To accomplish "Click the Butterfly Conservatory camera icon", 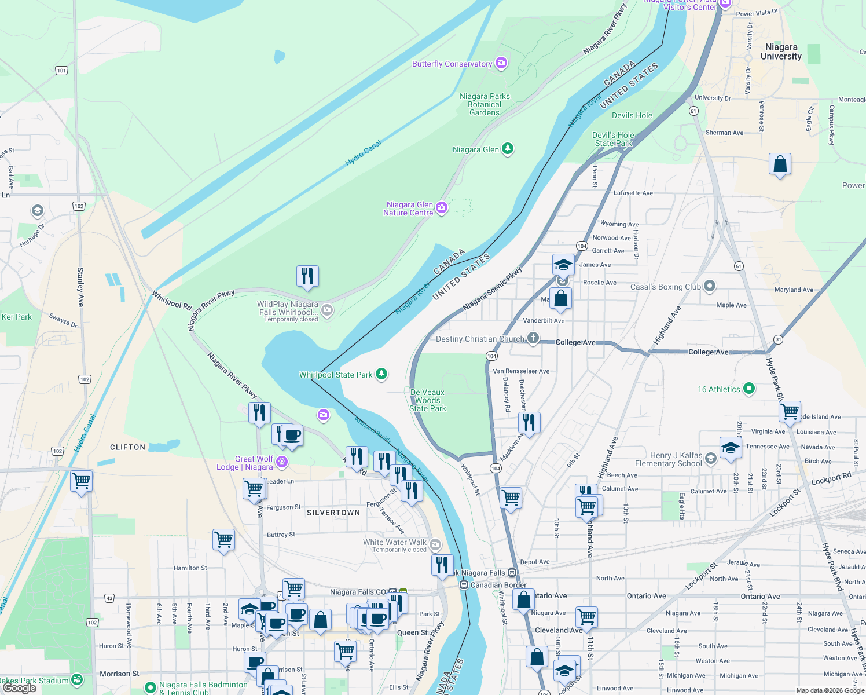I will pyautogui.click(x=501, y=63).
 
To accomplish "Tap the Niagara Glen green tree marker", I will pyautogui.click(x=508, y=149).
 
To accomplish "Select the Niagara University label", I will pyautogui.click(x=781, y=52).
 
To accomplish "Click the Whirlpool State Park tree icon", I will pyautogui.click(x=381, y=374).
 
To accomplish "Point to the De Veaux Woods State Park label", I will pyautogui.click(x=428, y=400).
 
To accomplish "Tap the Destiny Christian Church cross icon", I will pyautogui.click(x=533, y=338).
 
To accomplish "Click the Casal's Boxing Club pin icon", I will pyautogui.click(x=710, y=286).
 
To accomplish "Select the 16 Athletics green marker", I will pyautogui.click(x=749, y=389).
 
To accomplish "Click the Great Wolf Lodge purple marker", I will pyautogui.click(x=282, y=462).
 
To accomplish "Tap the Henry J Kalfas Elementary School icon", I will pyautogui.click(x=711, y=459).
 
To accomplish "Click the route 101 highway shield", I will pyautogui.click(x=62, y=71).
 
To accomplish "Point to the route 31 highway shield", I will pyautogui.click(x=778, y=339).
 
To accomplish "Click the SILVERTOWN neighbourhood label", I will pyautogui.click(x=333, y=513).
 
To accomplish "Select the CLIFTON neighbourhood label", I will pyautogui.click(x=128, y=447).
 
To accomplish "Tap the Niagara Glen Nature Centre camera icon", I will pyautogui.click(x=442, y=207).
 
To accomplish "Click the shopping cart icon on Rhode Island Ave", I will pyautogui.click(x=790, y=412).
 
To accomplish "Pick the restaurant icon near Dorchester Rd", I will pyautogui.click(x=529, y=422).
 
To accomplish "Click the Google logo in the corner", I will pyautogui.click(x=19, y=688).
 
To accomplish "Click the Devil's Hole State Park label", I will pyautogui.click(x=613, y=139).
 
